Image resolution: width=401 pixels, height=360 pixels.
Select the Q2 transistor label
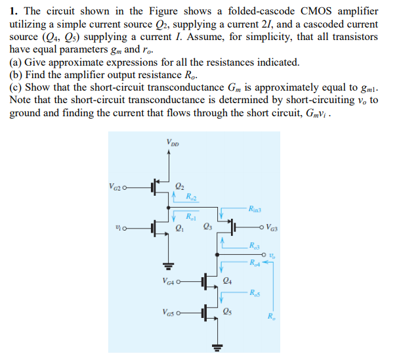click(179, 185)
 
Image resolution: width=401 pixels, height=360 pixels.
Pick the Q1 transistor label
click(179, 229)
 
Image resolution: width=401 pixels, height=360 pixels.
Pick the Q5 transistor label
click(227, 312)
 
